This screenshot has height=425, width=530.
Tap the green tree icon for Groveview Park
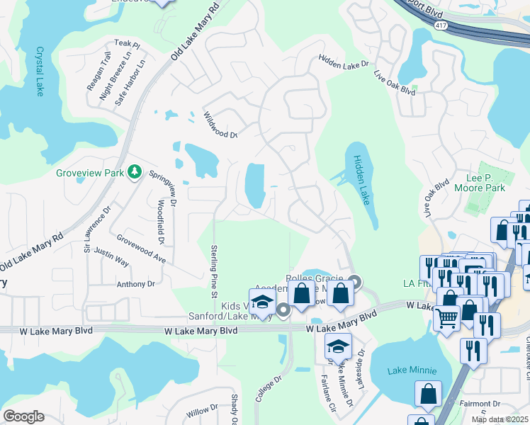tap(134, 172)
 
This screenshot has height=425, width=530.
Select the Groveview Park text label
tap(90, 173)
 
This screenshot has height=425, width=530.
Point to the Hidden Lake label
tap(361, 180)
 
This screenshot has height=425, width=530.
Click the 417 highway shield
tap(440, 24)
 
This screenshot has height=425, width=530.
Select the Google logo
tap(23, 416)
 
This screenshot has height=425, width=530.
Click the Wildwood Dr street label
tap(220, 125)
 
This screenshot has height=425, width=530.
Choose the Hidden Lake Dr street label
tap(344, 62)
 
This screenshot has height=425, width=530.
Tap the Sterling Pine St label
tap(213, 266)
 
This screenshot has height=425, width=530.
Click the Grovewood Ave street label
tap(140, 249)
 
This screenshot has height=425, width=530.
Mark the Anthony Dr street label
tap(135, 284)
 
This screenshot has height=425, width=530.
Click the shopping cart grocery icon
tap(446, 319)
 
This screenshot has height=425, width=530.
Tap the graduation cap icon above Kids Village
tap(262, 301)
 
